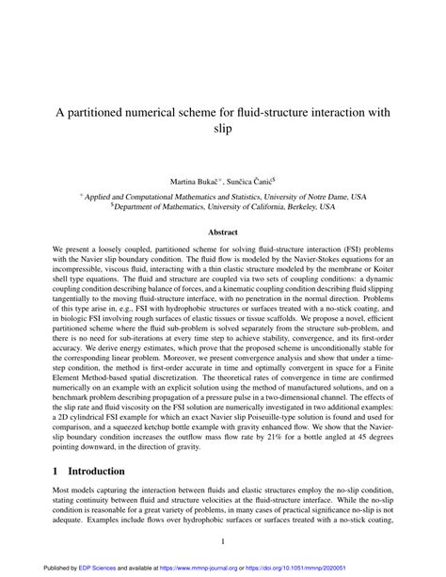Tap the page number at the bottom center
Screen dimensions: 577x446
[x=223, y=539]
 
